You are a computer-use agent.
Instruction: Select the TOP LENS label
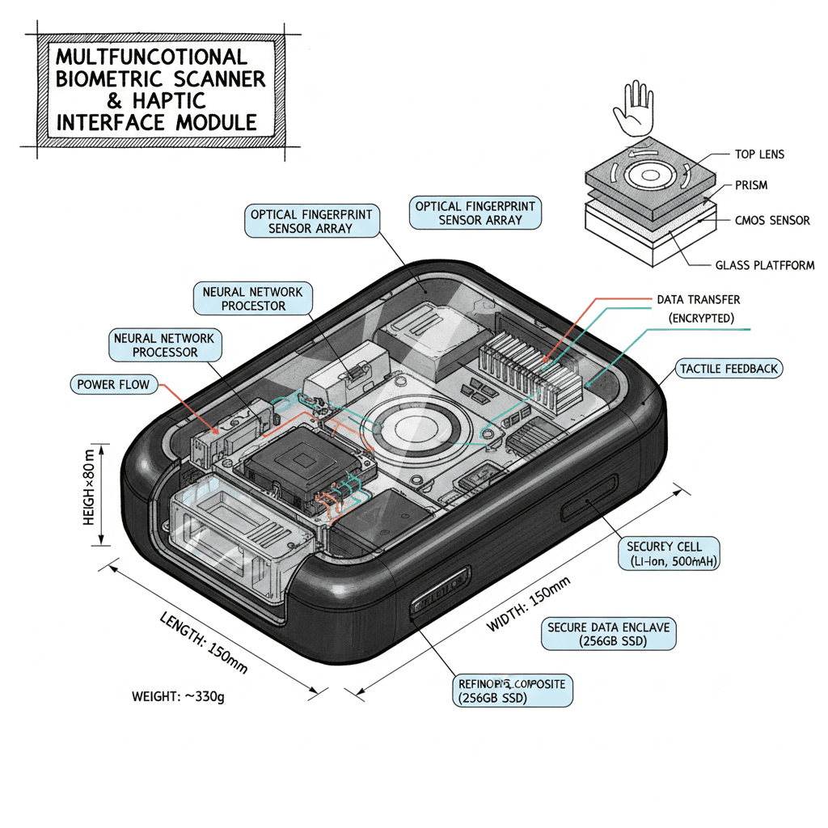pyautogui.click(x=759, y=154)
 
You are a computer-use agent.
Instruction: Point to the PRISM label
pyautogui.click(x=751, y=185)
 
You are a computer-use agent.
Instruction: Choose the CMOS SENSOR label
pyautogui.click(x=771, y=220)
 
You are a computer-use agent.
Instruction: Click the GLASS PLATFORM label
pyautogui.click(x=765, y=265)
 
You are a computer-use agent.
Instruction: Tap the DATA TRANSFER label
pyautogui.click(x=698, y=299)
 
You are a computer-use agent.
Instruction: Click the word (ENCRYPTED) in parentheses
pyautogui.click(x=701, y=319)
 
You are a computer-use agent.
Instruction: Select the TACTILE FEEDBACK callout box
pyautogui.click(x=729, y=369)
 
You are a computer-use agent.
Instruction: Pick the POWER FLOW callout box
pyautogui.click(x=114, y=384)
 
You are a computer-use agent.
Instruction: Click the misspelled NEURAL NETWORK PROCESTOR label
pyautogui.click(x=253, y=298)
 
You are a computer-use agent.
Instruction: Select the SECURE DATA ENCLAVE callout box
pyautogui.click(x=609, y=634)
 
